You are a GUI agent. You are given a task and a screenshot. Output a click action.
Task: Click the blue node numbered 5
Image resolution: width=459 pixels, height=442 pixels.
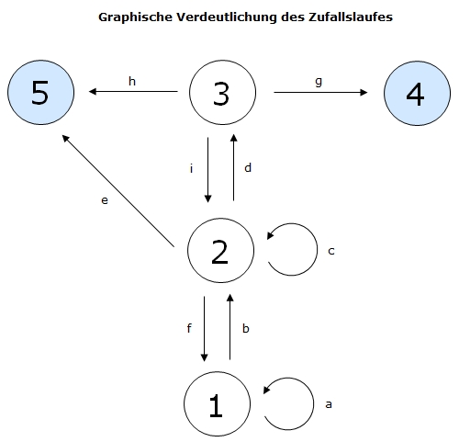click(x=40, y=92)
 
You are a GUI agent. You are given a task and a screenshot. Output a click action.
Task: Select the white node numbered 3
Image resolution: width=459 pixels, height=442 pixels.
click(x=222, y=92)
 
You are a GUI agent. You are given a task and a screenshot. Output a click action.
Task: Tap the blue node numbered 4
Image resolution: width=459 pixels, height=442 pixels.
click(x=417, y=93)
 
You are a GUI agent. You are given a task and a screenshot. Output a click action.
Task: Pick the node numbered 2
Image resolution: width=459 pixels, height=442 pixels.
click(x=220, y=250)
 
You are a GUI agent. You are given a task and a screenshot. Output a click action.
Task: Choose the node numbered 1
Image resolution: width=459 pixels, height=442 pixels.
click(x=217, y=404)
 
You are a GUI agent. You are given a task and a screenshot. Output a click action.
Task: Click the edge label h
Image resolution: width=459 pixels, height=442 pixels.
click(x=132, y=81)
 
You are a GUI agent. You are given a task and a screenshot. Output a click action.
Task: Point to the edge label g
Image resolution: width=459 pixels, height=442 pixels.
click(x=319, y=82)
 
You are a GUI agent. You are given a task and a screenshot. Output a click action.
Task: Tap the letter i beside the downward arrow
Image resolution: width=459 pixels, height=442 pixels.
click(x=192, y=168)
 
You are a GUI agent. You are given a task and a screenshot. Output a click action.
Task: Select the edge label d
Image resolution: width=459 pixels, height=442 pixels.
click(x=248, y=167)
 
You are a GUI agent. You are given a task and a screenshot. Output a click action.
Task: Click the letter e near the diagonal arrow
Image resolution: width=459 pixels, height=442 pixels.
click(x=105, y=200)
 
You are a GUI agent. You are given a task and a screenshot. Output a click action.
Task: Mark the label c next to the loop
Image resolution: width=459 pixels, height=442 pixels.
click(x=331, y=251)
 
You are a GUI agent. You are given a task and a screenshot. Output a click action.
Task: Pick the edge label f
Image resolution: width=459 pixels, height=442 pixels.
click(x=189, y=328)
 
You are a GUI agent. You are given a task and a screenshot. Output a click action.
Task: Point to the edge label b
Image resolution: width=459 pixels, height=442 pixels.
click(x=246, y=328)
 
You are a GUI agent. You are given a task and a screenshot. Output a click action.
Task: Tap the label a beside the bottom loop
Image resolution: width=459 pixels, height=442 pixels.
click(x=329, y=404)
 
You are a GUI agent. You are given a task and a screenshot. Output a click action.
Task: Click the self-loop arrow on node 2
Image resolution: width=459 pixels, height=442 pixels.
click(x=318, y=250)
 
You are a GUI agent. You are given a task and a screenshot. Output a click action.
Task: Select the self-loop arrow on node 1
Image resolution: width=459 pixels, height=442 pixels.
click(x=314, y=404)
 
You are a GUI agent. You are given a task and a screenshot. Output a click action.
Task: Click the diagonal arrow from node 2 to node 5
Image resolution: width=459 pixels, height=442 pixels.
click(x=118, y=190)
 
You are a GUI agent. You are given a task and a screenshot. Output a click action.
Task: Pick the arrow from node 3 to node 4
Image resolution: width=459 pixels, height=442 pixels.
click(x=320, y=92)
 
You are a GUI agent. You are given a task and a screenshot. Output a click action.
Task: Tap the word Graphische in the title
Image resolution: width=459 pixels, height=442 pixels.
click(x=135, y=17)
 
